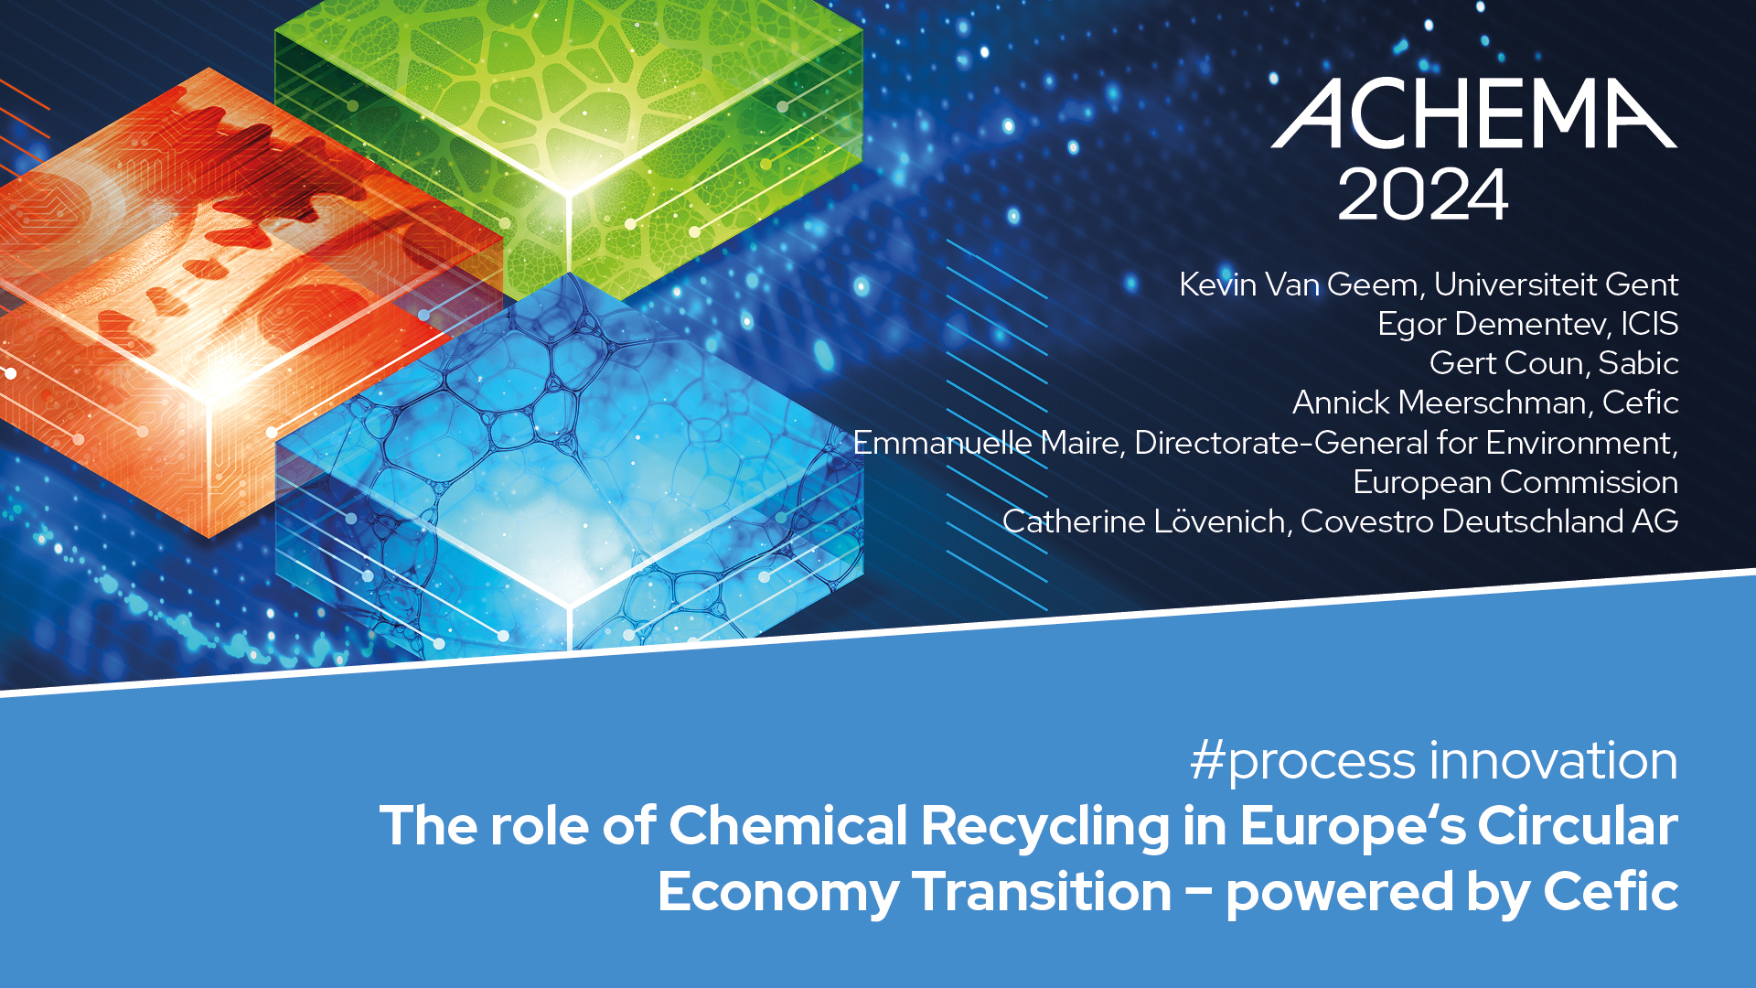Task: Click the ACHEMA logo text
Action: click(1474, 113)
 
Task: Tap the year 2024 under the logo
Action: click(1422, 194)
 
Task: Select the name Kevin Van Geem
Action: click(1298, 285)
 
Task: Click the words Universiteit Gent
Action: click(1556, 285)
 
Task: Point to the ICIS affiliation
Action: click(1650, 324)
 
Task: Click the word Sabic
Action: click(1638, 363)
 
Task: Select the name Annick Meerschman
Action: click(1439, 403)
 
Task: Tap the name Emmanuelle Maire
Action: click(986, 443)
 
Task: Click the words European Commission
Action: click(1515, 482)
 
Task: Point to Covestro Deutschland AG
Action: click(1490, 521)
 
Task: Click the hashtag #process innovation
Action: click(1434, 761)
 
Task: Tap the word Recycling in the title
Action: click(1045, 826)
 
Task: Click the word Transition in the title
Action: click(1043, 892)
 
